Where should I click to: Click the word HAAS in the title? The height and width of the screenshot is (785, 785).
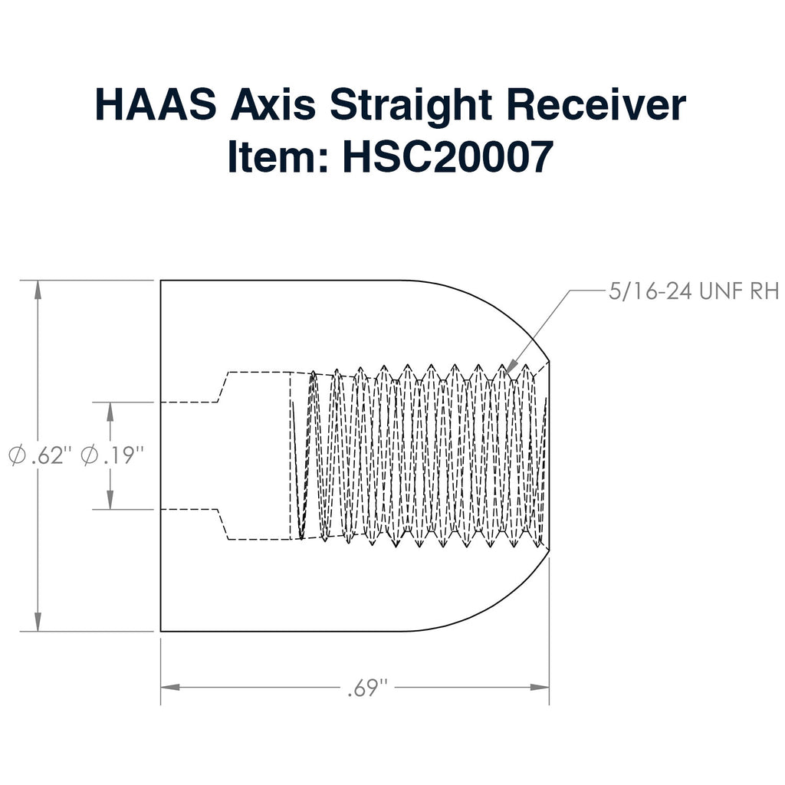(x=156, y=104)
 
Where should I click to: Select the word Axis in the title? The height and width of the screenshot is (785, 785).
(x=273, y=104)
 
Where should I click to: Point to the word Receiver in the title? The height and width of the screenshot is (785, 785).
(x=596, y=104)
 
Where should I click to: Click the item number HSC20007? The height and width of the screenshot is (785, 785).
(x=448, y=156)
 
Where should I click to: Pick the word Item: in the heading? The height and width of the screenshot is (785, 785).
(x=278, y=156)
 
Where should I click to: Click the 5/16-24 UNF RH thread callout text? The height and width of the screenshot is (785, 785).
(x=693, y=291)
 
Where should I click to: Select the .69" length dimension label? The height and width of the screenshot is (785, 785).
(x=368, y=688)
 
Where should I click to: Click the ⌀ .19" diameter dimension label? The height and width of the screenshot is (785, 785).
(x=112, y=455)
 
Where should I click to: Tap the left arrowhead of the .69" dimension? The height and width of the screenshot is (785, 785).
(x=170, y=687)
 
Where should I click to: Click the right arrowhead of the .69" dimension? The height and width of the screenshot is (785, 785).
(x=540, y=687)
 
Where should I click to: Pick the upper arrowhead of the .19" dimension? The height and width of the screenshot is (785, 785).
(x=110, y=412)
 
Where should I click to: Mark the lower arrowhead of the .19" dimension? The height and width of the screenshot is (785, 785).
(x=110, y=500)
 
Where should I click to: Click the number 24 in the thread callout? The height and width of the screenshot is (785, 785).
(x=678, y=291)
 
